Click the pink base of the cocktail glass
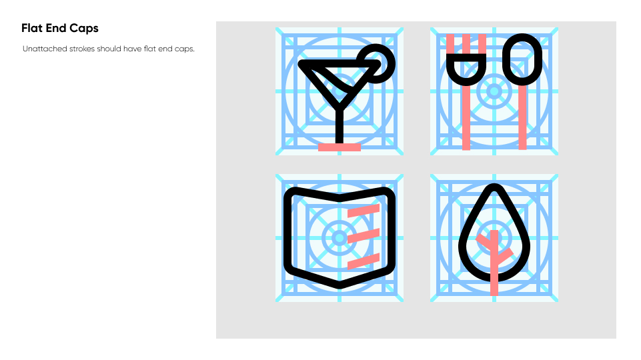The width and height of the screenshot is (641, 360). [340, 147]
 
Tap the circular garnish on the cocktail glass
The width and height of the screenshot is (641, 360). [377, 63]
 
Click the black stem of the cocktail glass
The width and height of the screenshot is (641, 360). [340, 125]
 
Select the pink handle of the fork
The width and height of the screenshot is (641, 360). [466, 118]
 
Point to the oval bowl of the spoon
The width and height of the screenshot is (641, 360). [522, 59]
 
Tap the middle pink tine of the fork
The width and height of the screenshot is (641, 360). [466, 44]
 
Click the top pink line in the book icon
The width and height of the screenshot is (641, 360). [364, 211]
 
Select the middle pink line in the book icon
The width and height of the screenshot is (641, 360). [364, 236]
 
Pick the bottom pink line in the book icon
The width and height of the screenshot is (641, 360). [364, 261]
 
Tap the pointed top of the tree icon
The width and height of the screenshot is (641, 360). [494, 185]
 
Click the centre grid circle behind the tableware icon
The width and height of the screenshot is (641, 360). [494, 91]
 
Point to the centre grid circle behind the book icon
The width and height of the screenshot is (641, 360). [340, 238]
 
